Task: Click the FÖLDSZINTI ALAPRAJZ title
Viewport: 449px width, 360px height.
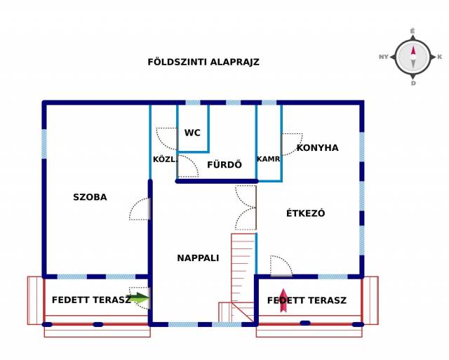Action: (x=203, y=62)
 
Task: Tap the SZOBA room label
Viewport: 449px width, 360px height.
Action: (x=90, y=197)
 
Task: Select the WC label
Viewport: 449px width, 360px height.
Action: (x=192, y=133)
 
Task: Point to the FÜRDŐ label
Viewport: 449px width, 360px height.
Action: (x=224, y=164)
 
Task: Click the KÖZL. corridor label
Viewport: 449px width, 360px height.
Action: (x=164, y=159)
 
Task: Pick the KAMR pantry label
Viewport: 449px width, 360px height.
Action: (x=268, y=159)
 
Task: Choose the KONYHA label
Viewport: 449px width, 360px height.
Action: (x=317, y=148)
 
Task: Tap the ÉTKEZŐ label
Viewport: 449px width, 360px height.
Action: (x=306, y=213)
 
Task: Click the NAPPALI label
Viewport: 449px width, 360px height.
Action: (x=198, y=258)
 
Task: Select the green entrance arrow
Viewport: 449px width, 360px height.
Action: (x=138, y=298)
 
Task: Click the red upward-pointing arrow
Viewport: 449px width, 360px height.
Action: (x=283, y=300)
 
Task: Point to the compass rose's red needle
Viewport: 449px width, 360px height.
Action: (x=413, y=51)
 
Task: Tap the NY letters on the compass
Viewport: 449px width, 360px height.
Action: (x=384, y=57)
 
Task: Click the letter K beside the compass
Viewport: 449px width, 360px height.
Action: (x=440, y=57)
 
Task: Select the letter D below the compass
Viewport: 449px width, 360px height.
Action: (x=413, y=84)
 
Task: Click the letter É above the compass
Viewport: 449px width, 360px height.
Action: (x=413, y=31)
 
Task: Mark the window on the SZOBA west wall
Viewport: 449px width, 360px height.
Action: (x=44, y=144)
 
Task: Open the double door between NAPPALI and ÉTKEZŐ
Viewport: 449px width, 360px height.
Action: (x=246, y=208)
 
